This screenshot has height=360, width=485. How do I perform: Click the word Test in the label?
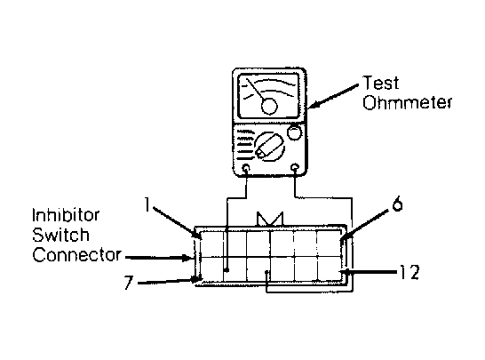click(381, 83)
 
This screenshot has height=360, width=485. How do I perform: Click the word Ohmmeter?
click(408, 102)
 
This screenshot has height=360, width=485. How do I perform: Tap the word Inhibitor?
click(66, 215)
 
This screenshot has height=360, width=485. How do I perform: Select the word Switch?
click(60, 235)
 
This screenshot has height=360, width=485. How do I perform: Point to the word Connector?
click(77, 255)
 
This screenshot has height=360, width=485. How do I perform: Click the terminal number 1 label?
click(147, 204)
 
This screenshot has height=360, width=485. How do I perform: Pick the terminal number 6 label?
click(397, 204)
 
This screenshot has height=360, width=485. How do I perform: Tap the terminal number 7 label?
click(129, 283)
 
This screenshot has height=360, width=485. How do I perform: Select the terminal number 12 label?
click(409, 272)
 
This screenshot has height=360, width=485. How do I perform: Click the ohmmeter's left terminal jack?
click(246, 168)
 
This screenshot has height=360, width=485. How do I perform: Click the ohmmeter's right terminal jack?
click(295, 167)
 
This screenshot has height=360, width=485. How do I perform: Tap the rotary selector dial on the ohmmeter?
click(269, 147)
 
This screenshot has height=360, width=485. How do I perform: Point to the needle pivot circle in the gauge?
click(269, 106)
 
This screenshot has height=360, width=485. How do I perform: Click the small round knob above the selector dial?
click(294, 132)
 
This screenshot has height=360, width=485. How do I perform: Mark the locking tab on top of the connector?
click(270, 220)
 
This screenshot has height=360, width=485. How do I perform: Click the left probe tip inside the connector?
click(227, 270)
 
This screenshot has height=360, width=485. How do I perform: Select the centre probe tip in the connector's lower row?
click(267, 272)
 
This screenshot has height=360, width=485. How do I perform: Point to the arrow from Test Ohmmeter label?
click(333, 96)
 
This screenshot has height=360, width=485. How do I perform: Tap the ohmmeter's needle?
click(256, 89)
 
